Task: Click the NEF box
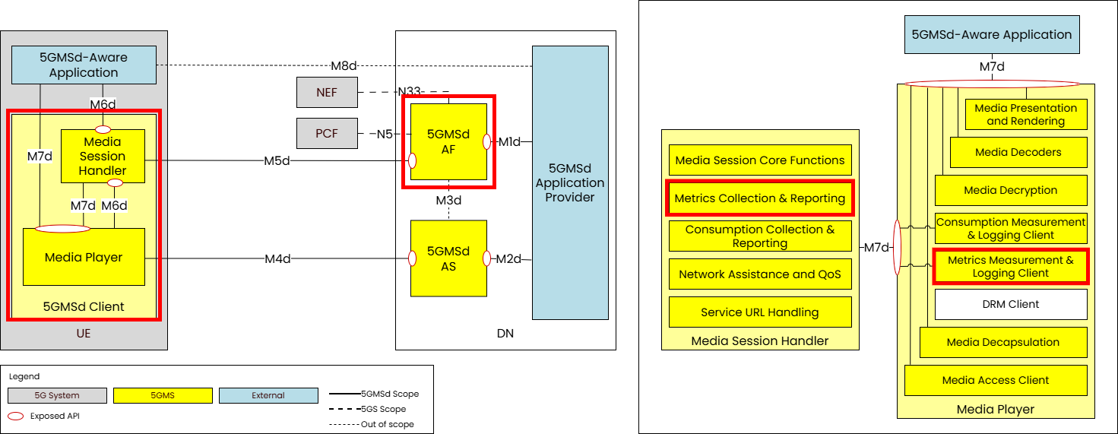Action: [327, 93]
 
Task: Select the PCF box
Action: [327, 135]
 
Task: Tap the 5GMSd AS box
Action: [448, 258]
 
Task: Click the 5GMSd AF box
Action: [448, 141]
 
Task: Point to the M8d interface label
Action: [344, 65]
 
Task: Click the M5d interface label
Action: [277, 160]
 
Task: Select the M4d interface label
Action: [277, 259]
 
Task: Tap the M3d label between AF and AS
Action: [448, 201]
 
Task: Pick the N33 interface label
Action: [410, 93]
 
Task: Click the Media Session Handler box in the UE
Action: [103, 156]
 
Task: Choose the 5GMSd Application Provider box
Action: [570, 182]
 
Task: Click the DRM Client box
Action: [1010, 304]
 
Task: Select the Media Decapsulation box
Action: [1002, 342]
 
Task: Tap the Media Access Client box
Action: [995, 380]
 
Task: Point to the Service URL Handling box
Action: [760, 312]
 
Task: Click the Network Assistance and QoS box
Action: [760, 274]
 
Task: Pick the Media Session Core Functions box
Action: [760, 160]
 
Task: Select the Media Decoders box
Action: [1018, 152]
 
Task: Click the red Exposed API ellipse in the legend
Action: [15, 416]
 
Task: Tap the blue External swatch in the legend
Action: [268, 395]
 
